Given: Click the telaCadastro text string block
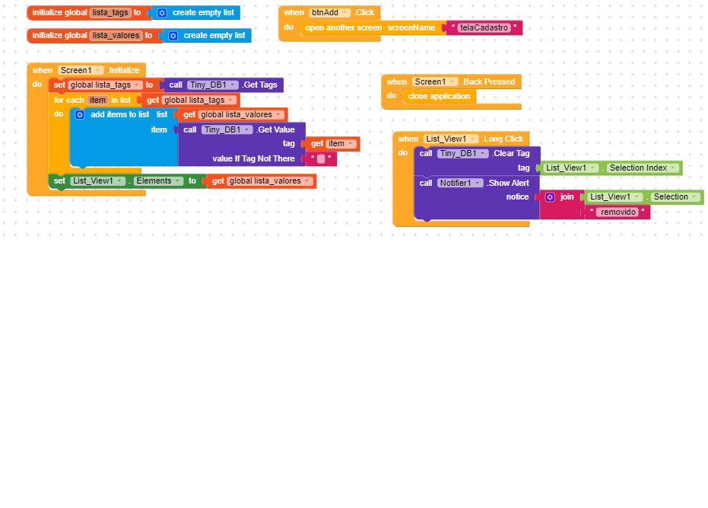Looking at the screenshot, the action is click(x=484, y=27).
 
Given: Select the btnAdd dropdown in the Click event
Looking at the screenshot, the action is click(x=329, y=13).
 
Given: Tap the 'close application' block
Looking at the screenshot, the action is click(x=439, y=97).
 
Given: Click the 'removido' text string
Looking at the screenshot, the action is click(x=618, y=212).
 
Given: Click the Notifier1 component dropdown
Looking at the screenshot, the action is click(x=459, y=183).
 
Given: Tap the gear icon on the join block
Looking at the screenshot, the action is click(x=550, y=196).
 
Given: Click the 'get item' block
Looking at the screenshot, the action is click(x=333, y=144).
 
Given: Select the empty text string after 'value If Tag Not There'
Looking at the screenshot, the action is click(x=321, y=158).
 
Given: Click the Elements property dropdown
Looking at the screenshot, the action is click(x=158, y=181).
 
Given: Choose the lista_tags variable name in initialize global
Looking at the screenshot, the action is click(x=110, y=13).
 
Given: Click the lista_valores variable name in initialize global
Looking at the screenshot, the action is click(x=116, y=35).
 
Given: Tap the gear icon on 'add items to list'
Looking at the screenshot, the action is click(x=80, y=114).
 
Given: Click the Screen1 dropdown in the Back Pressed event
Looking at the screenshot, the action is click(x=435, y=82).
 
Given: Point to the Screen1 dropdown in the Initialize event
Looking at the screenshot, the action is click(x=81, y=71).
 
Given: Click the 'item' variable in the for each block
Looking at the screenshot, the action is click(x=97, y=100).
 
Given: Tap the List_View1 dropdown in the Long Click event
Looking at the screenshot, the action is click(x=451, y=139).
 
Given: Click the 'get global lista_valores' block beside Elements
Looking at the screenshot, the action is click(x=262, y=181).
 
